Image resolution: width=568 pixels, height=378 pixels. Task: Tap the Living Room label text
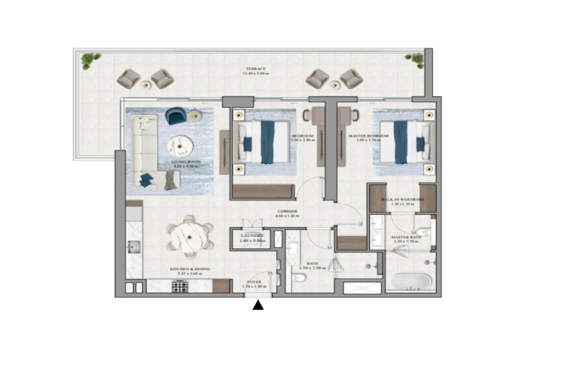click(x=182, y=164)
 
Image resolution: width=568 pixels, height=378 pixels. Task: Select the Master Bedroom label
click(x=368, y=137)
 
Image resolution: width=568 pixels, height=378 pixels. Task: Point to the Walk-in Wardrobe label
click(x=402, y=201)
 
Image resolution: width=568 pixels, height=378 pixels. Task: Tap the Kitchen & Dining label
click(x=189, y=270)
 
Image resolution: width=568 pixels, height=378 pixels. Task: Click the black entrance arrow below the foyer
click(x=258, y=305)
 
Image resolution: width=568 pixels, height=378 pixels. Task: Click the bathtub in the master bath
click(x=410, y=282)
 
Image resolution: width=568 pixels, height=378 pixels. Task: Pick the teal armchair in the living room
click(x=176, y=115)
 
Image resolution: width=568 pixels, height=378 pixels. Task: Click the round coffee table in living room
click(x=180, y=145)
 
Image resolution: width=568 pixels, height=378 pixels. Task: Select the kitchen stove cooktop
click(x=180, y=287)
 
